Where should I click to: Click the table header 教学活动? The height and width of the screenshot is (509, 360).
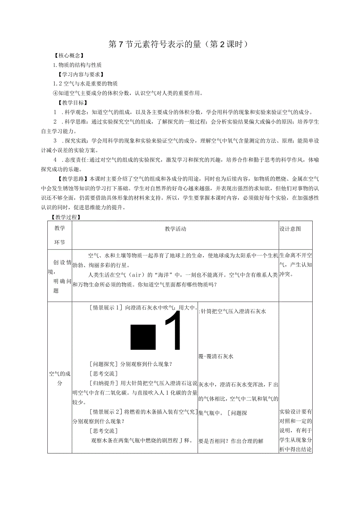[175, 229]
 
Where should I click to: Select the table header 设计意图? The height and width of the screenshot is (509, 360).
[290, 229]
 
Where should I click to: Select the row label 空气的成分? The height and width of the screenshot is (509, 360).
[60, 378]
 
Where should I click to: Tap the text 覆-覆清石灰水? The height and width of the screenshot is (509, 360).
[216, 356]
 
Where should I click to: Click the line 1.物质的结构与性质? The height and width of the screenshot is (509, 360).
[77, 65]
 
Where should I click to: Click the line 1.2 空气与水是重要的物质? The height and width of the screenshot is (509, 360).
[85, 84]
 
